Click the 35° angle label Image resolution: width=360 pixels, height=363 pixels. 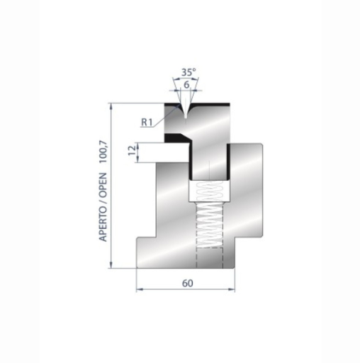pyautogui.click(x=187, y=72)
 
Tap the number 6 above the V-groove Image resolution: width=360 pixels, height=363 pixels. pyautogui.click(x=186, y=84)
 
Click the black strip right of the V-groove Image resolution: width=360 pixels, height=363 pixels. pyautogui.click(x=211, y=104)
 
